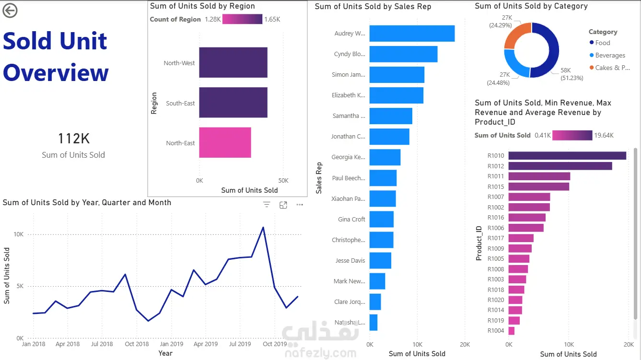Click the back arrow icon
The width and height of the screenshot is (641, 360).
tap(10, 11)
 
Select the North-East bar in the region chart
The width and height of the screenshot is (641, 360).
tap(225, 142)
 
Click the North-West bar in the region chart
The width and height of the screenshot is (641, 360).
tap(233, 62)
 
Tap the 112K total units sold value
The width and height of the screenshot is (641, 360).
tap(73, 139)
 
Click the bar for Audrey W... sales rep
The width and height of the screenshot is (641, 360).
tap(411, 34)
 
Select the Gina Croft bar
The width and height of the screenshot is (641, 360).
tap(381, 219)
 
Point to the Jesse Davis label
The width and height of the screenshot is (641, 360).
tap(350, 261)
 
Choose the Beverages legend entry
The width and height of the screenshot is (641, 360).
tap(610, 55)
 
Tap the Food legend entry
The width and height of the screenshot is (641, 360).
tap(603, 43)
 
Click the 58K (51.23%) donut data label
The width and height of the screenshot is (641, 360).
tap(572, 74)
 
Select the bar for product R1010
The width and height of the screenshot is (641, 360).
tap(567, 155)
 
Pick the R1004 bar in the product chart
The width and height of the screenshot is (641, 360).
tap(511, 331)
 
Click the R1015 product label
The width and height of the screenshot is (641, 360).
tap(496, 186)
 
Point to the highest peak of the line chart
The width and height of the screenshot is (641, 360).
tap(263, 227)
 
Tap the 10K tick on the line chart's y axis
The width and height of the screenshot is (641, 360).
tap(18, 234)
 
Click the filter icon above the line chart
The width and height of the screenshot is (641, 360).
tap(267, 205)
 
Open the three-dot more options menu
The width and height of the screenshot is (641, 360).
tap(300, 205)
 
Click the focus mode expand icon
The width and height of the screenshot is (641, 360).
tap(283, 205)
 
